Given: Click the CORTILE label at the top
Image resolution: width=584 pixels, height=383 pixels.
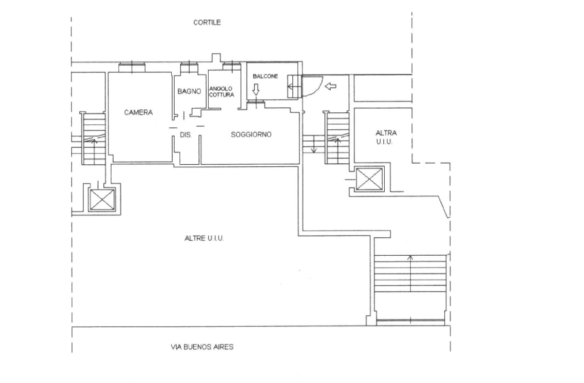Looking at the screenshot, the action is [207, 23].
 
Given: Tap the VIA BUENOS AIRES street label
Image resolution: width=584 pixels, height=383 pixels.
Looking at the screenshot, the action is [202, 347].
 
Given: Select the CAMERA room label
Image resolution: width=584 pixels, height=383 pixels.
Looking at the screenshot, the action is [138, 112].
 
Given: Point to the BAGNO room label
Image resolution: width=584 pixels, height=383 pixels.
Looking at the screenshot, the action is [189, 91].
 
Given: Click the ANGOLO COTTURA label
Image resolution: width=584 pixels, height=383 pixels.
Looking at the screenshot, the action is [222, 92].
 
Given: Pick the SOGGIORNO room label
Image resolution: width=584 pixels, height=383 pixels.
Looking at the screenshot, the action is [251, 134].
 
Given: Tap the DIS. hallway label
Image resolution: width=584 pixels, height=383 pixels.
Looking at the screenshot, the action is [186, 135].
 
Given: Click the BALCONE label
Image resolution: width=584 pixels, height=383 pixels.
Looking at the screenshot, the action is [266, 77].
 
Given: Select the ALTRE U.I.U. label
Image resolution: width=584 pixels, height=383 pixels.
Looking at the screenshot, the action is [204, 238].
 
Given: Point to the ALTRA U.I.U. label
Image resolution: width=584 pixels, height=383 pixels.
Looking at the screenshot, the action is [386, 137].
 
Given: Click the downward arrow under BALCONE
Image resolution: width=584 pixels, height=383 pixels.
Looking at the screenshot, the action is [256, 90].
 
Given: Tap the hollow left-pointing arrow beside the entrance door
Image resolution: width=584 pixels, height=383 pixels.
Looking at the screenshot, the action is [331, 86].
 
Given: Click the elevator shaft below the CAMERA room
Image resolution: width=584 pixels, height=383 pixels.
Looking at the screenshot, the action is [102, 200].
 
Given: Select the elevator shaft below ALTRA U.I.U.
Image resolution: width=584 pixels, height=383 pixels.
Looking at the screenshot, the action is [370, 179].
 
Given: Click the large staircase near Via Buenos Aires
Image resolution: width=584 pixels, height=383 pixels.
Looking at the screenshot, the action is [410, 274].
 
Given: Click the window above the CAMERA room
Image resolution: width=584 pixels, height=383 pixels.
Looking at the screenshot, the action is [132, 67].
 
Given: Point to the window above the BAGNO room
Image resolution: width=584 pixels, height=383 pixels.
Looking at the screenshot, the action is [189, 68].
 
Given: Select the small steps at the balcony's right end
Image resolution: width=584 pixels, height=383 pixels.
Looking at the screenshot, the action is [294, 87].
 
